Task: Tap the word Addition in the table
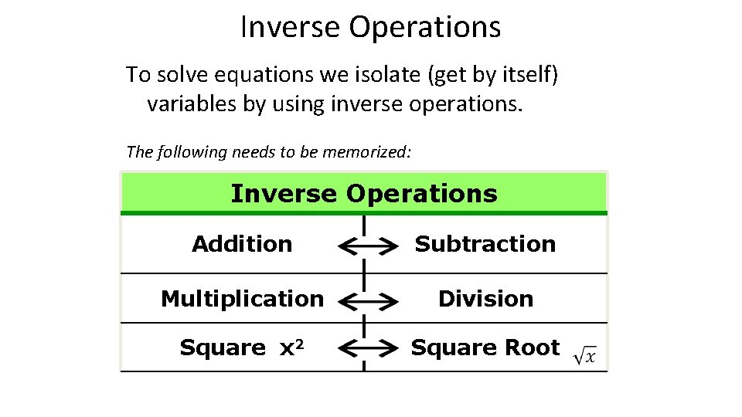242,244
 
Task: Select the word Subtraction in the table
485,244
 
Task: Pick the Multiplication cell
242,298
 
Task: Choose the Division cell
485,298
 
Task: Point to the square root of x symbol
585,354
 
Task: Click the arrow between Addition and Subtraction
364,246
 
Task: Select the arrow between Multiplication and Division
364,300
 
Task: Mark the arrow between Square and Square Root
364,350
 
